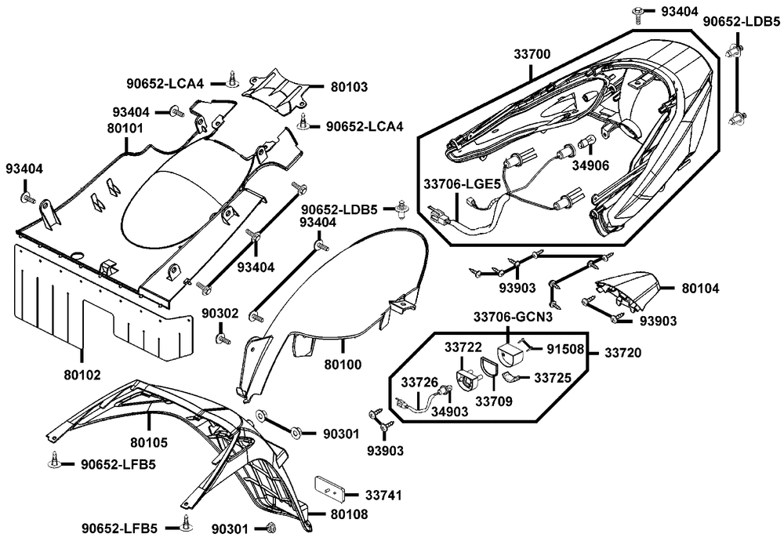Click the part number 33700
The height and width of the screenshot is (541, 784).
(x=532, y=55)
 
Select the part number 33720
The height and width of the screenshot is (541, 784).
(x=623, y=354)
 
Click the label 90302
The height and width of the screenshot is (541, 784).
(x=220, y=313)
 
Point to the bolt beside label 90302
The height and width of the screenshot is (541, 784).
(x=223, y=338)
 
